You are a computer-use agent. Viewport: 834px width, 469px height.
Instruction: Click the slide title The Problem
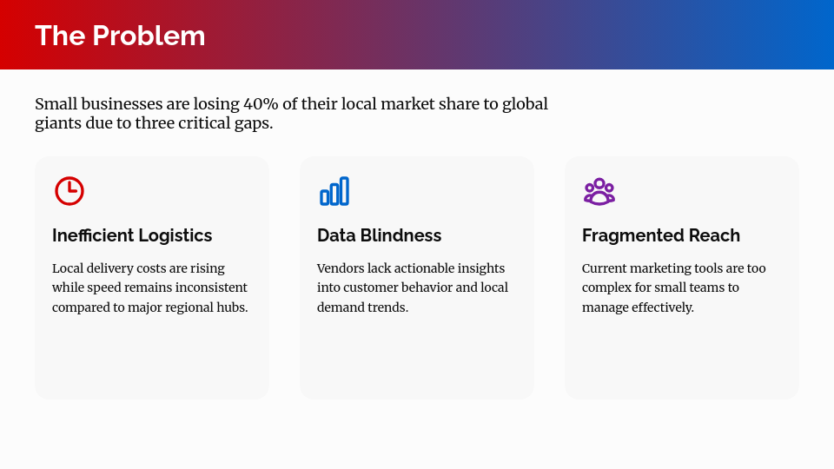coord(120,36)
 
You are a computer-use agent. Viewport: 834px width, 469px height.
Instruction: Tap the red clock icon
coord(69,191)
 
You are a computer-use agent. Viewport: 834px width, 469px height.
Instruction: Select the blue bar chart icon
coord(334,191)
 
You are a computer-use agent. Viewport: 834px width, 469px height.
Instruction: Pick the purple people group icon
coord(599,191)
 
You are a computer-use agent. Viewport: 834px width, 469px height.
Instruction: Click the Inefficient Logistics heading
coord(132,235)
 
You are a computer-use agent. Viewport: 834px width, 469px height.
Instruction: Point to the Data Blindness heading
coord(379,235)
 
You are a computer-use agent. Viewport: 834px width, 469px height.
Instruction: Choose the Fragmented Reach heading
coord(661,235)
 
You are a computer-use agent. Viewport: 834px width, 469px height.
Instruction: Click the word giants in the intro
coord(56,123)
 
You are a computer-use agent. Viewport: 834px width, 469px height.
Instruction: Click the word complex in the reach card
coord(606,287)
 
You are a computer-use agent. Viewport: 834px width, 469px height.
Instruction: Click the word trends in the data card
coord(388,307)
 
